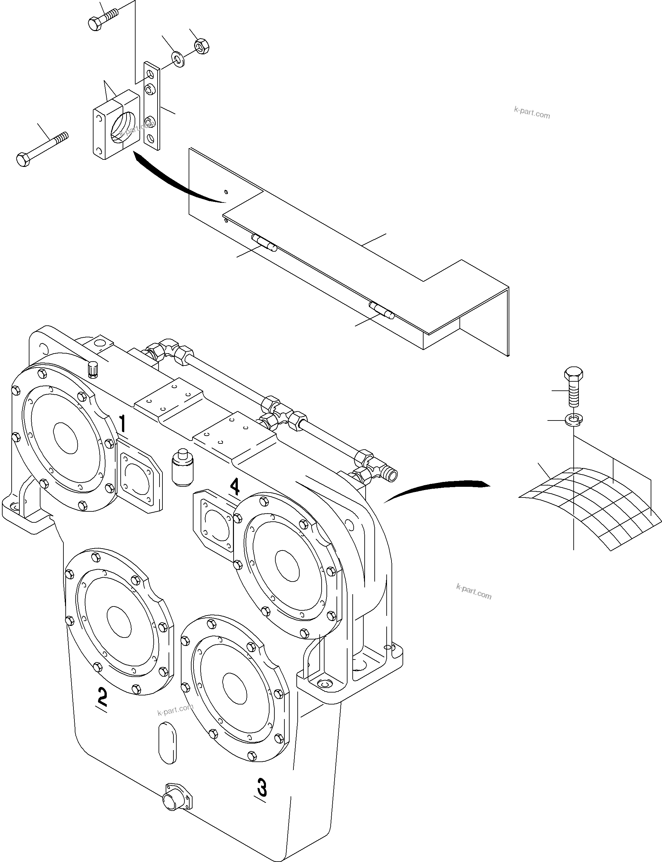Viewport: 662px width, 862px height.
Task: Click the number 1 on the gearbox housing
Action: (x=123, y=424)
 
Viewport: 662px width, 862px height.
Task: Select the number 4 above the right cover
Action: (x=235, y=486)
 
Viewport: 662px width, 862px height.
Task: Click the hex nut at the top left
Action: (x=202, y=47)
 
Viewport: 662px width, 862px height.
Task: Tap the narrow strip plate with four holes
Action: (x=152, y=105)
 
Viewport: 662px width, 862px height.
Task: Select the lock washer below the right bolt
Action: (x=573, y=420)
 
